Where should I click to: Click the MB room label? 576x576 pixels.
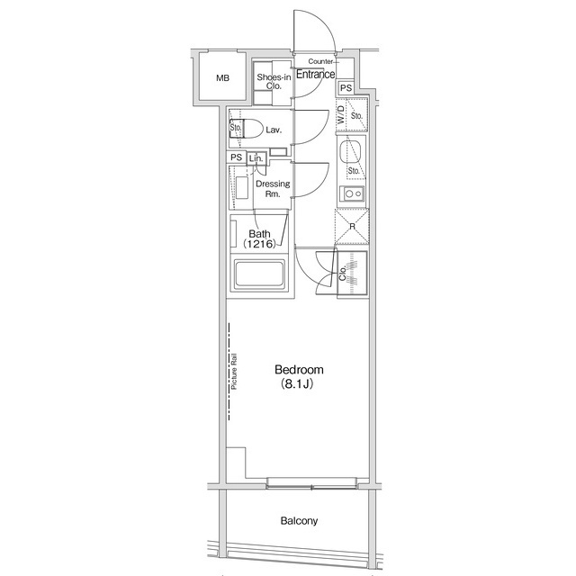222,78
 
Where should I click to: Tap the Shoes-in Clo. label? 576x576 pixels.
274,82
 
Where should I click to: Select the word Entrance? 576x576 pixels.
316,74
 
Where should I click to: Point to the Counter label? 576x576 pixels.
320,61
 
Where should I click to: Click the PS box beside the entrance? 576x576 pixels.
346,88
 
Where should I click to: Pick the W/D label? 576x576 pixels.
341,114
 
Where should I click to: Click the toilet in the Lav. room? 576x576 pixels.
246,129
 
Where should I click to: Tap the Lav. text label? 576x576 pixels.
274,130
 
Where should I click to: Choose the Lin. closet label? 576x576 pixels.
256,158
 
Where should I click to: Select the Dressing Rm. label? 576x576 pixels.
273,188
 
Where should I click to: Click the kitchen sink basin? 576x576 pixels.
350,152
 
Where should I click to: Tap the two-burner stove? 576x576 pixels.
354,193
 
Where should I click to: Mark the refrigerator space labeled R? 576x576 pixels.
352,227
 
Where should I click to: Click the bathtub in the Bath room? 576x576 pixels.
259,274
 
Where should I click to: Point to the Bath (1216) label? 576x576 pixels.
259,238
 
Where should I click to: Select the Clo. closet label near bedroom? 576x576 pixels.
342,273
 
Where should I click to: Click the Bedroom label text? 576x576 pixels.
299,369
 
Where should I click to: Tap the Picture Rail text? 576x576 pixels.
234,371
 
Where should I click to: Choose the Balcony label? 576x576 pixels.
299,521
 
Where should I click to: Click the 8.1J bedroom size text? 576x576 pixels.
297,384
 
